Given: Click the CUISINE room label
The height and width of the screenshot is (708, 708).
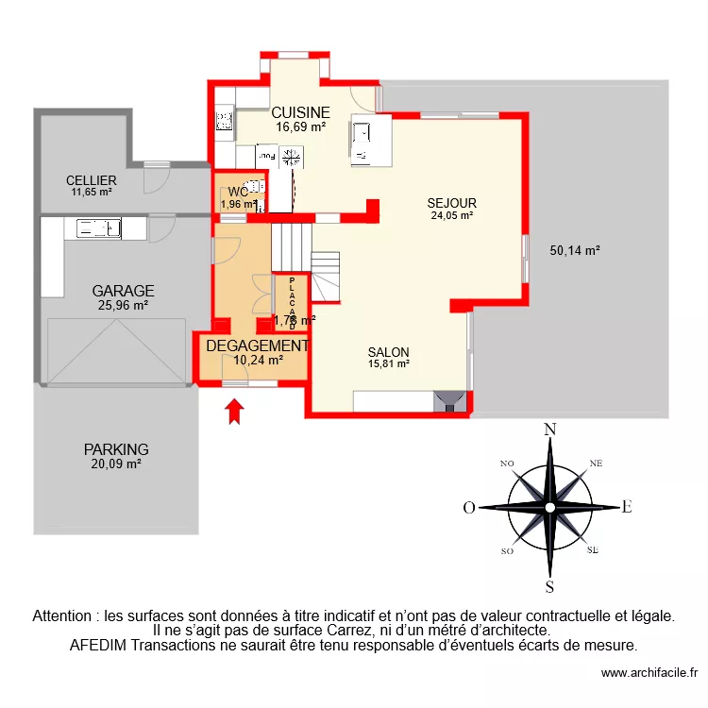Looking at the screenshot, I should tap(301, 111).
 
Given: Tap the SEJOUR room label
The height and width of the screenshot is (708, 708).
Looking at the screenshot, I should tap(451, 203).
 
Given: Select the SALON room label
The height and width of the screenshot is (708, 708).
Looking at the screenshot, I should tap(389, 351).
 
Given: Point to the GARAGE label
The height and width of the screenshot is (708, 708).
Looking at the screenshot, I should tap(123, 291).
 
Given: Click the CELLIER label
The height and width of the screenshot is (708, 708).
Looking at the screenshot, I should tap(91, 180).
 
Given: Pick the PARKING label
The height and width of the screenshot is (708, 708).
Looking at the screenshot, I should tap(115, 449).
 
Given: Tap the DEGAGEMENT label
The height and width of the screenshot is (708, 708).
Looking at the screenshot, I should tap(257, 346).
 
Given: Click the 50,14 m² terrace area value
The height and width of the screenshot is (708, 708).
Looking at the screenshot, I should tap(575, 251).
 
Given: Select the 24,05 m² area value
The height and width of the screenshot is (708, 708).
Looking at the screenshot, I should tap(450, 215).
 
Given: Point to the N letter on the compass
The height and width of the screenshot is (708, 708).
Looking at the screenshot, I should tap(548, 430).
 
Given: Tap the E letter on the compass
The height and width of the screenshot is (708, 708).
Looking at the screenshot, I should tap(626, 507).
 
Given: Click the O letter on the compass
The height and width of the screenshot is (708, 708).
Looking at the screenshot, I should tap(468, 508).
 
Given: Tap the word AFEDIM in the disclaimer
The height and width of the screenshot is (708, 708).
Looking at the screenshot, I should tap(103, 646).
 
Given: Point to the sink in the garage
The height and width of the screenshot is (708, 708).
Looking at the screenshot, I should tap(98, 227).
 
